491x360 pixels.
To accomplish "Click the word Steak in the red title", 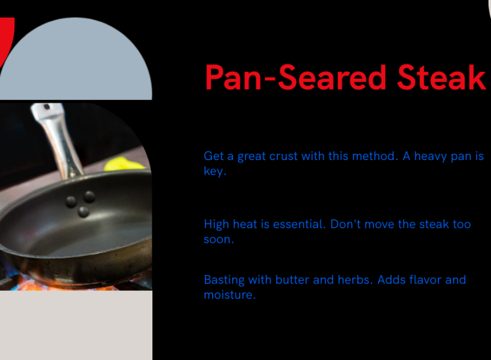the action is click(x=441, y=77).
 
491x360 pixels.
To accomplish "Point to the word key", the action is click(x=215, y=171).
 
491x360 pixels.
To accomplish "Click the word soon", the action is click(x=219, y=239).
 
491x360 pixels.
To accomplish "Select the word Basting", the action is click(x=224, y=280).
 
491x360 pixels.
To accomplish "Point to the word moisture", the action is click(x=230, y=295).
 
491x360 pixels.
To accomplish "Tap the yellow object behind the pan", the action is click(x=124, y=164).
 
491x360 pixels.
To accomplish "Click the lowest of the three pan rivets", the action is click(x=83, y=212).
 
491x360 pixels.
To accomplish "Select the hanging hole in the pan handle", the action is click(x=47, y=107).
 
